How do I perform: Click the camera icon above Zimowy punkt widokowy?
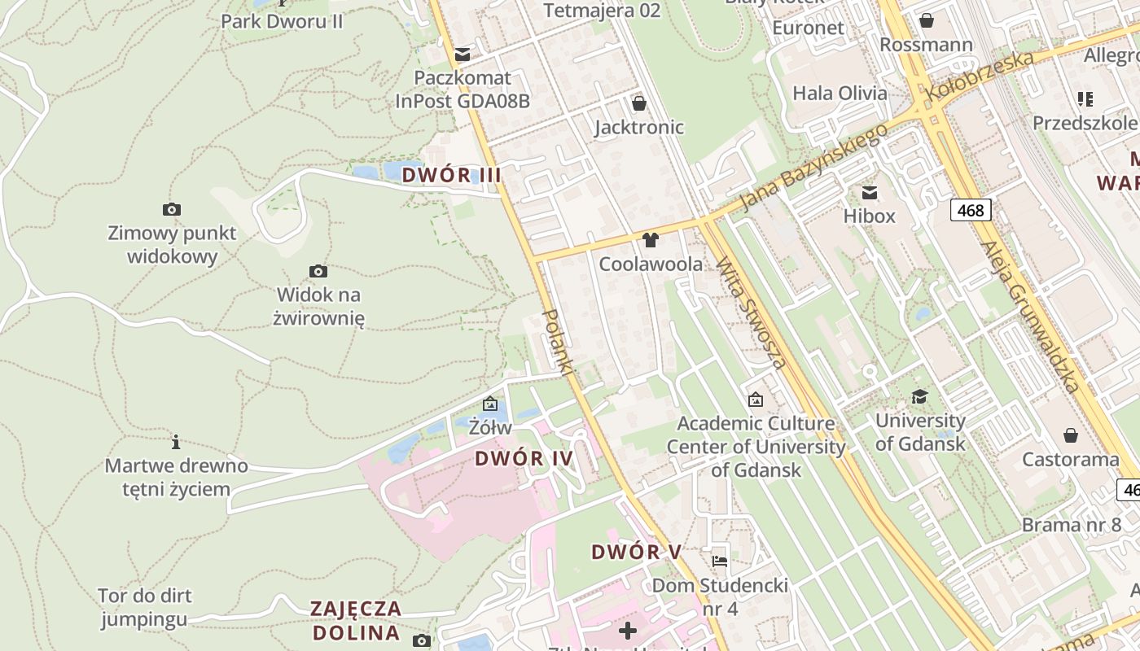[171, 210]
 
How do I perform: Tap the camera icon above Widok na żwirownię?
[318, 271]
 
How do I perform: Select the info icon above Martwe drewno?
[176, 442]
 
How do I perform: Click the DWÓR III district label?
[451, 175]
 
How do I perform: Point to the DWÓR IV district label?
[524, 458]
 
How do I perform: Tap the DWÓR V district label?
[636, 552]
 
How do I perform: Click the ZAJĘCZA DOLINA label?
[356, 620]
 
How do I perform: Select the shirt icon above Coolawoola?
[650, 240]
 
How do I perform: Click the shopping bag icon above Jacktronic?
[639, 103]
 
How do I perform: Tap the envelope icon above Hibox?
[870, 193]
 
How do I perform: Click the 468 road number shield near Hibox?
[971, 210]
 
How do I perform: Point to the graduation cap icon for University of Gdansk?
[919, 396]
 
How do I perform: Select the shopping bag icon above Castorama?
[1070, 435]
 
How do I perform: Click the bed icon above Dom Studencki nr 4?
[719, 561]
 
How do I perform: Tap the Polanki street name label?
[559, 342]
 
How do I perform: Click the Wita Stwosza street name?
[751, 312]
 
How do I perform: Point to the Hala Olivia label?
[840, 93]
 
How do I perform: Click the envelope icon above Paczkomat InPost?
[463, 55]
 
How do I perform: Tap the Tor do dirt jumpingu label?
[144, 607]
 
